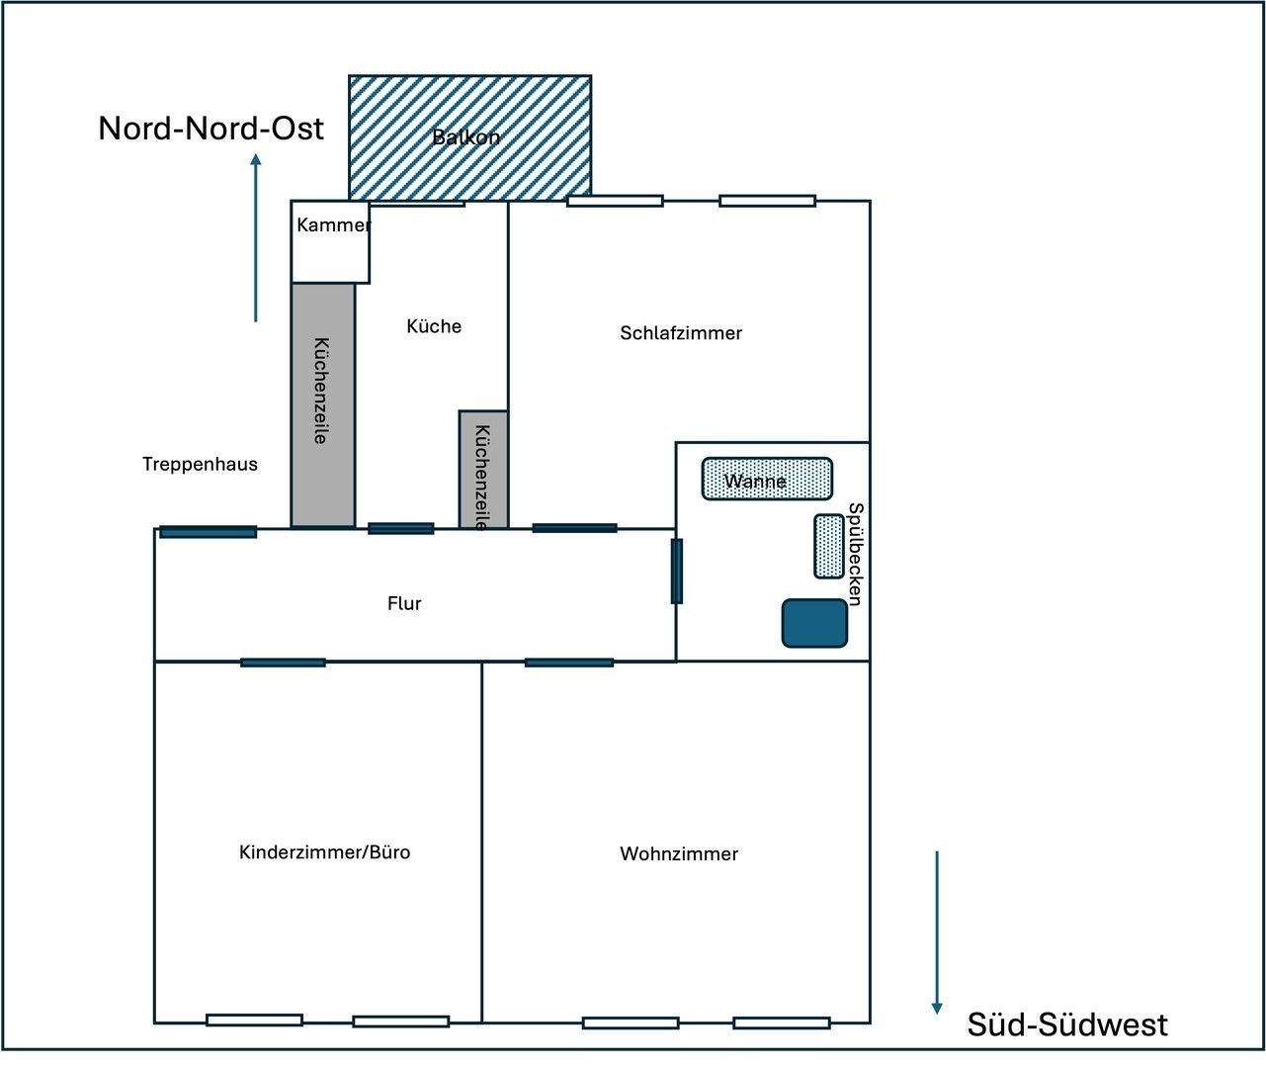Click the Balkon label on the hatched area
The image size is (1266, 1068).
click(466, 137)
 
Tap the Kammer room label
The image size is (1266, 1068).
click(333, 225)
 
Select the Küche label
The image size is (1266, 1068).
click(434, 326)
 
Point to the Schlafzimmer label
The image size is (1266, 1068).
click(681, 333)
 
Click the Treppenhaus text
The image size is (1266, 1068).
click(200, 464)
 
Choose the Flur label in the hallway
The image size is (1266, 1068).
click(404, 603)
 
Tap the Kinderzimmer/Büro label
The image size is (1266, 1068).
click(324, 852)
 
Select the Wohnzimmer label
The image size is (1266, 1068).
click(679, 854)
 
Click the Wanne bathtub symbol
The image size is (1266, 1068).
click(767, 480)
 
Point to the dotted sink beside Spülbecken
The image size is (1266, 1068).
click(829, 546)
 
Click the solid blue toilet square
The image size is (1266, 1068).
click(815, 623)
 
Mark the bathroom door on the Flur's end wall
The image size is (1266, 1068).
click(677, 571)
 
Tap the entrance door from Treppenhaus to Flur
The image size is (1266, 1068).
click(209, 532)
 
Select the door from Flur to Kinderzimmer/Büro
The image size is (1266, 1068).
click(283, 663)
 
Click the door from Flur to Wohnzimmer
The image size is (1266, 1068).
click(568, 663)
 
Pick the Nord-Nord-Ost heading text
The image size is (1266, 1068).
click(211, 129)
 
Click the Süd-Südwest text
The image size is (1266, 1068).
click(1067, 1024)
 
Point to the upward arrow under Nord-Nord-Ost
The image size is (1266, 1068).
click(256, 237)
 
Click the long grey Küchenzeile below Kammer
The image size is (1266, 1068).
click(322, 405)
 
